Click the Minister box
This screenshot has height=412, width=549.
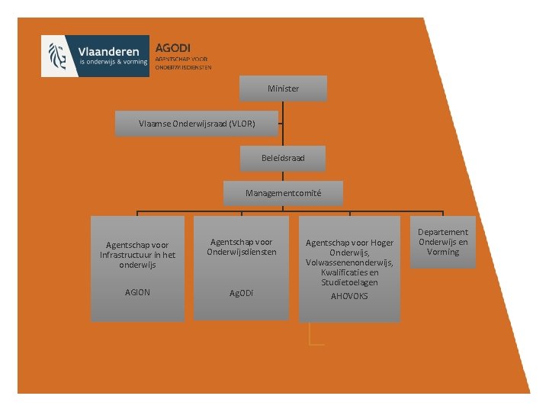(283, 89)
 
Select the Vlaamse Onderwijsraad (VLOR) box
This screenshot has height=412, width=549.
(197, 123)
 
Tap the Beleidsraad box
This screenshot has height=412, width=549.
(283, 159)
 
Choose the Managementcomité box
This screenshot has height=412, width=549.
(283, 194)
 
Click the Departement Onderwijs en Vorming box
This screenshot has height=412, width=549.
(443, 242)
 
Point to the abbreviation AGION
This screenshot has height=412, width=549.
(137, 293)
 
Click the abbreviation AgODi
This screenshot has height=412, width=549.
(242, 293)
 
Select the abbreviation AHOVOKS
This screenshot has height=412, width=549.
(349, 296)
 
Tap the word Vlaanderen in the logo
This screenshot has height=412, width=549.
(113, 50)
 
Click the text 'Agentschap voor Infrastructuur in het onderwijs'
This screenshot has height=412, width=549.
(137, 255)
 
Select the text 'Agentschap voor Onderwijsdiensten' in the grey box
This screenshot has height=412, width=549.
(242, 247)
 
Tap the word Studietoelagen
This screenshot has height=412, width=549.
(349, 282)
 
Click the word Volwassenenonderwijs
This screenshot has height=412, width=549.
(349, 262)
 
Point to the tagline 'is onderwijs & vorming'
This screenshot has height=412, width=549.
(113, 63)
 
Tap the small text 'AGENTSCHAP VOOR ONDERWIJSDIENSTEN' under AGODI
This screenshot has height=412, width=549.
(183, 63)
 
